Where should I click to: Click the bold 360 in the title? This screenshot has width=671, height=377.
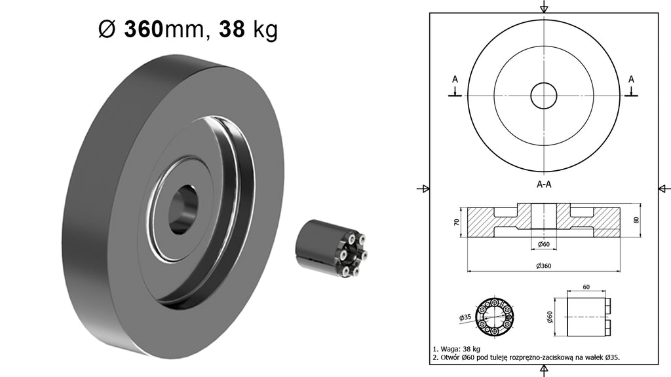pos(144,29)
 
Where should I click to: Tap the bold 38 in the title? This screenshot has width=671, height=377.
pos(232,29)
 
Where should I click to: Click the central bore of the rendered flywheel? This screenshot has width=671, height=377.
pos(183,209)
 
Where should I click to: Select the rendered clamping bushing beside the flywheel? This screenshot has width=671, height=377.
pos(332,249)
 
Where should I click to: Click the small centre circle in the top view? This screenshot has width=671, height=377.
pos(543,96)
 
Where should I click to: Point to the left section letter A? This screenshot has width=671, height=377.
pos(455,79)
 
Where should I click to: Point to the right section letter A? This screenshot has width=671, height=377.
pos(631,79)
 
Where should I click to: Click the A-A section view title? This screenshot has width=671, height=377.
pos(544,184)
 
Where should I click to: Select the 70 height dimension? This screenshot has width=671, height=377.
pos(457,223)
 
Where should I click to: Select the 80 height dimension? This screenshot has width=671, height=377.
pos(636,220)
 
